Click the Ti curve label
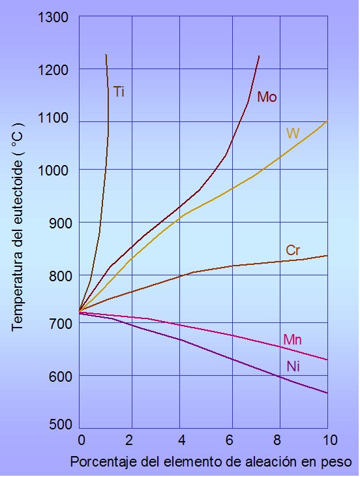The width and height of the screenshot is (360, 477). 119,91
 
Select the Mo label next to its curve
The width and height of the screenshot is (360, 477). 267,97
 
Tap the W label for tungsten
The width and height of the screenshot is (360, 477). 293,133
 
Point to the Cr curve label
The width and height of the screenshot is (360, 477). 293,251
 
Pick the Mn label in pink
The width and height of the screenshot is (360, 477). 292,339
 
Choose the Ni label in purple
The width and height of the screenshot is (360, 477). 293,366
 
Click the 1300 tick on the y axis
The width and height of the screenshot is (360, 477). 53,17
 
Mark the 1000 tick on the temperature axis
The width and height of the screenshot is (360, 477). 53,170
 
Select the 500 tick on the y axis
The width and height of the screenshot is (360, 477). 61,424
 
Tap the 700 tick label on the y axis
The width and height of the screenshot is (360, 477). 61,324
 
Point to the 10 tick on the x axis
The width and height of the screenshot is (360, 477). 329,440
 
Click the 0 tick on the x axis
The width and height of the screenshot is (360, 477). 81,440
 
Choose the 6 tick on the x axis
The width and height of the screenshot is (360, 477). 230,440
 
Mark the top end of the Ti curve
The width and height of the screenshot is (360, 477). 106,55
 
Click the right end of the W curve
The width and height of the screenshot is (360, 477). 327,121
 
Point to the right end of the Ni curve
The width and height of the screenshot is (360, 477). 327,393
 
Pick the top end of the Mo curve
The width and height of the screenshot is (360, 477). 259,55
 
